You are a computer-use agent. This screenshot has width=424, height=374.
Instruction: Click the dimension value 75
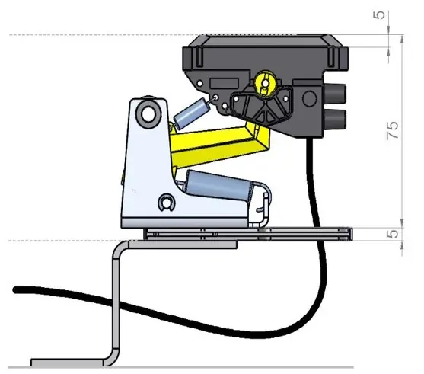[x=393, y=130]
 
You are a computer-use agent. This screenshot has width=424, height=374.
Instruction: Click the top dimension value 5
[x=379, y=15]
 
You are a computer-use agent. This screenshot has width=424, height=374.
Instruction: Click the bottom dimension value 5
[x=393, y=234]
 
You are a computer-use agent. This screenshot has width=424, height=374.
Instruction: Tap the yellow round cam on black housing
[x=265, y=83]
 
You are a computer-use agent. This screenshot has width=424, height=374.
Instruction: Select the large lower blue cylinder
[x=218, y=185]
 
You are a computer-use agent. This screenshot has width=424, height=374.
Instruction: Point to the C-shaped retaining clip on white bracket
[x=166, y=203]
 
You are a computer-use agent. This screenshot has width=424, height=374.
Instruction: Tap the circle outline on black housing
[x=309, y=99]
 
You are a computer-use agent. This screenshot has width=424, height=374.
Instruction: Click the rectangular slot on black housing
[x=224, y=83]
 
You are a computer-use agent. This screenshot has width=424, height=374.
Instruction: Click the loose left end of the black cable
[x=16, y=290]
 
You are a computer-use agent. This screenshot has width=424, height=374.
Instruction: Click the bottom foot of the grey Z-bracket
[x=68, y=363]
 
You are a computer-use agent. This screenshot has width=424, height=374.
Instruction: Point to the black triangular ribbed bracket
[x=261, y=107]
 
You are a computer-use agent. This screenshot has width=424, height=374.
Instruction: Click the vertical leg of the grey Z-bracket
[x=116, y=303]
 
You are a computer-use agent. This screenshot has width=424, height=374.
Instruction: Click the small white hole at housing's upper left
[x=200, y=83]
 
